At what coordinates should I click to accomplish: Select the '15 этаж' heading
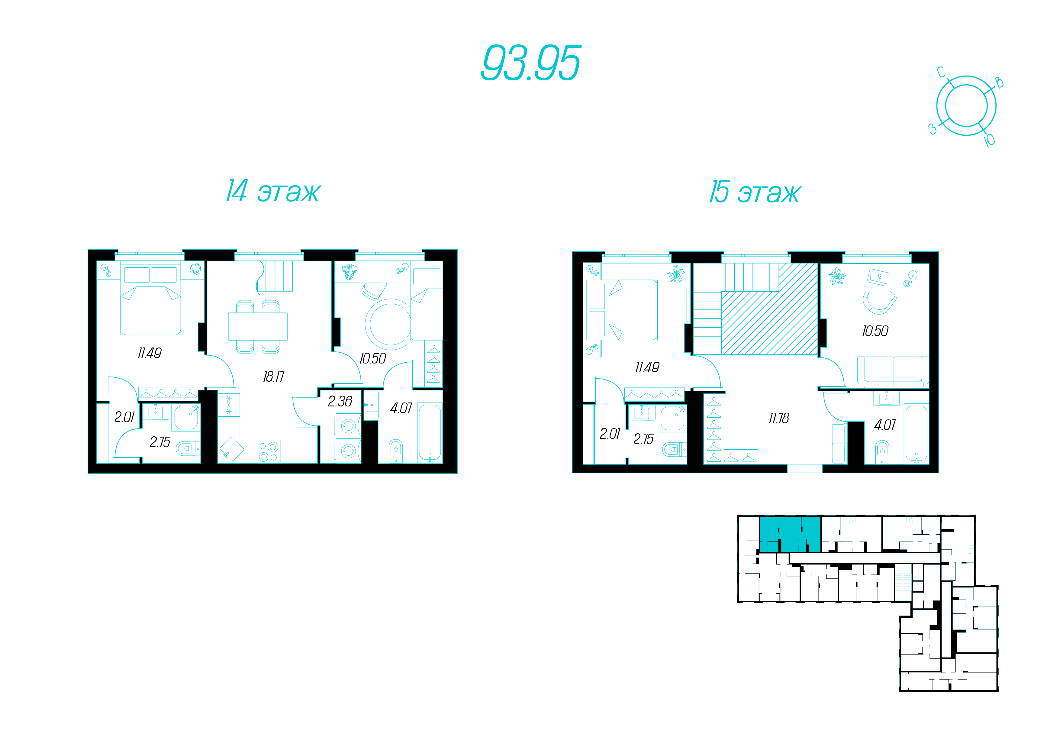[x=755, y=192]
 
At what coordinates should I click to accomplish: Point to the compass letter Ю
[x=989, y=140]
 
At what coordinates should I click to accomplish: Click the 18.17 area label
[x=274, y=377]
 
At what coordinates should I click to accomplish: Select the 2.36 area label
[x=340, y=401]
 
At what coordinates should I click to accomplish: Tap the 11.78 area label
[x=779, y=419]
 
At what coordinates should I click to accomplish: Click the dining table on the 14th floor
[x=258, y=327]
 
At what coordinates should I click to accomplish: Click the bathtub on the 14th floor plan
[x=430, y=432]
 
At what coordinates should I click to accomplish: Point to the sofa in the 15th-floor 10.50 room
[x=893, y=371]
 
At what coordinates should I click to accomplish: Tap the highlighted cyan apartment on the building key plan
[x=790, y=534]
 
